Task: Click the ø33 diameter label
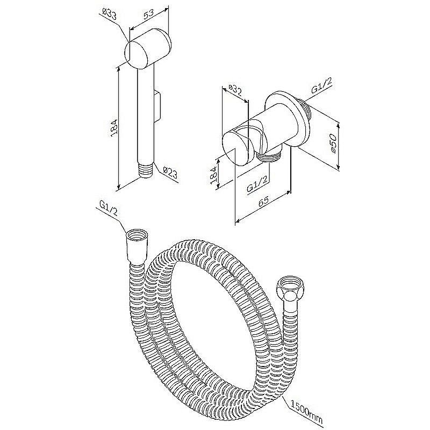pos(110,14)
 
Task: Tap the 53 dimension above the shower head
pos(148,15)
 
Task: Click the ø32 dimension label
pos(235,90)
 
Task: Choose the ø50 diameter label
pos(333,143)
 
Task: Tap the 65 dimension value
pos(263,201)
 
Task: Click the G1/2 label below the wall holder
pos(257,184)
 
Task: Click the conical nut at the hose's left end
pos(137,246)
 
